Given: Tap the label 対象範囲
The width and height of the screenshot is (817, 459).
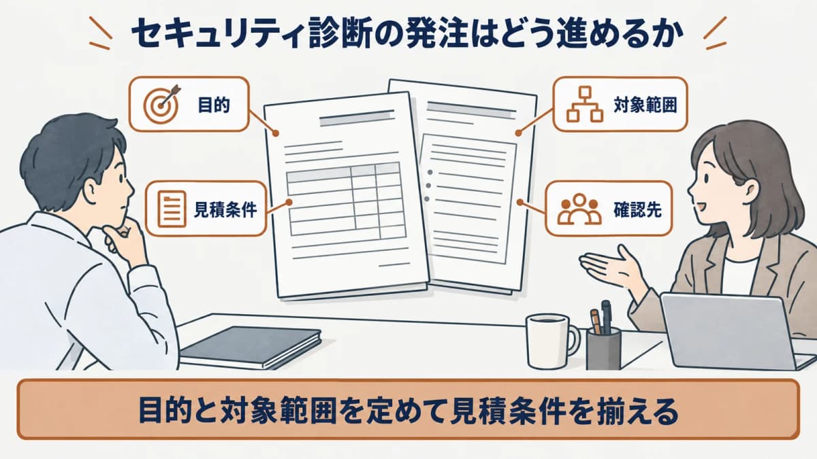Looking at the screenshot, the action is point(645,105).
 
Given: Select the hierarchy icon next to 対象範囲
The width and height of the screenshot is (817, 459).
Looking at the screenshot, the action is point(585,104).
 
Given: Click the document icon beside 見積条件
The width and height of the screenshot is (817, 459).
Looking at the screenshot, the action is point(172,209).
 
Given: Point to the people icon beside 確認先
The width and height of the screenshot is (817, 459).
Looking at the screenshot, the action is point(579,209).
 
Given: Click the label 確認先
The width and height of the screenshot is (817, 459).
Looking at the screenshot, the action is point(637,209).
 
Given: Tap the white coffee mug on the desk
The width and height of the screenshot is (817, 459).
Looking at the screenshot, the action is point(551,341).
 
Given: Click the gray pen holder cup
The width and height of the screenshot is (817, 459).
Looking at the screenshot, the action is point(603,349).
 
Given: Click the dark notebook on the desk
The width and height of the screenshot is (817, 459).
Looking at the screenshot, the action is point(251,347).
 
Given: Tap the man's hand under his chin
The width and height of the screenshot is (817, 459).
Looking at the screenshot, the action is point(122,239).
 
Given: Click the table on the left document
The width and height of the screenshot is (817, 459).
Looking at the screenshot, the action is point(346,201).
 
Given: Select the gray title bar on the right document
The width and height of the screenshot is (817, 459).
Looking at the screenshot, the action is point(471,109).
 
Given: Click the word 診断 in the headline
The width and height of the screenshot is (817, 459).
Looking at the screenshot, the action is point(351,35).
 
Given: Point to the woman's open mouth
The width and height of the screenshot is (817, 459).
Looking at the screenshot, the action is point(702,207).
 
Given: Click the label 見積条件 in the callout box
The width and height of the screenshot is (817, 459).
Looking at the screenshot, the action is point(225,209).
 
